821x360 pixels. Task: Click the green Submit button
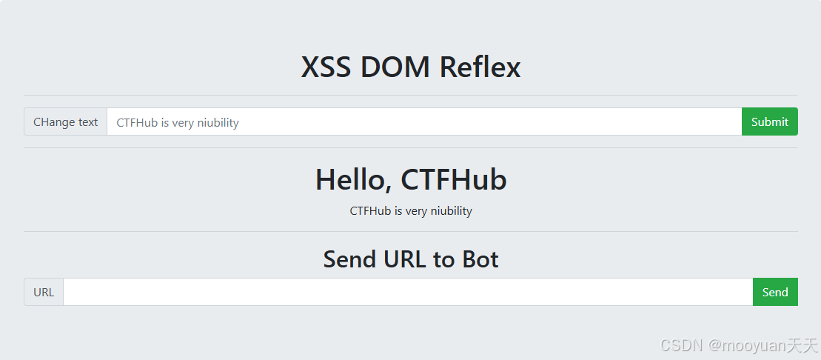coord(769,122)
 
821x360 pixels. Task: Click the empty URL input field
coord(407,292)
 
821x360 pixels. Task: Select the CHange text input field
coord(423,122)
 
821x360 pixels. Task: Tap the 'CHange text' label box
coord(66,122)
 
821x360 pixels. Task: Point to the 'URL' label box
coord(44,292)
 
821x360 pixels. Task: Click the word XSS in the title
coord(326,67)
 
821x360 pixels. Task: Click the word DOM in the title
coord(396,67)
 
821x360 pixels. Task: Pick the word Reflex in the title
coord(480,67)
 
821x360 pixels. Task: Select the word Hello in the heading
coord(352,180)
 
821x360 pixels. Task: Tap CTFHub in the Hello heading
coord(454,180)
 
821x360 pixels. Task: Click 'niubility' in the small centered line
coord(449,211)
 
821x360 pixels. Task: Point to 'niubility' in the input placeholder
coord(216,123)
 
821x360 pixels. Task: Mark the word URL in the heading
coord(402,259)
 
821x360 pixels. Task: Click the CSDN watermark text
coord(680,345)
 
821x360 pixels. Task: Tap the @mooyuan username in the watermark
coord(746,345)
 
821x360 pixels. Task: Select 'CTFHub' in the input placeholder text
coord(137,123)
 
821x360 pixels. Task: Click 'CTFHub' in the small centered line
coord(370,211)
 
